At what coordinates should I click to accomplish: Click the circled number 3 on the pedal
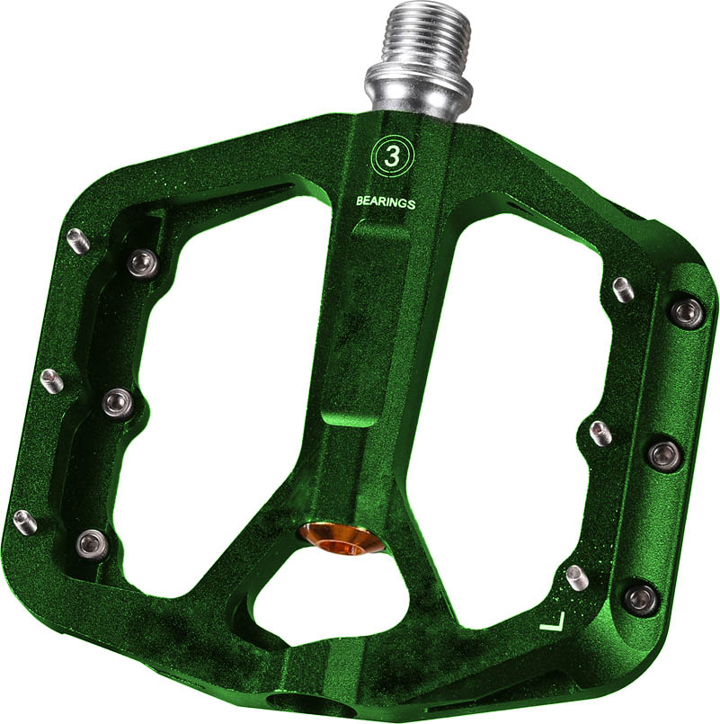[x=392, y=157]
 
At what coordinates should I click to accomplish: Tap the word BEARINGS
[x=386, y=202]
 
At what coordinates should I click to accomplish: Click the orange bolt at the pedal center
[x=341, y=541]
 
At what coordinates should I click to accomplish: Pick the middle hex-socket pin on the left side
[x=118, y=402]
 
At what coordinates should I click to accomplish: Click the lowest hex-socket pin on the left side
[x=91, y=541]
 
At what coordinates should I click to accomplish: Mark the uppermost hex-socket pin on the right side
[x=687, y=312]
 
